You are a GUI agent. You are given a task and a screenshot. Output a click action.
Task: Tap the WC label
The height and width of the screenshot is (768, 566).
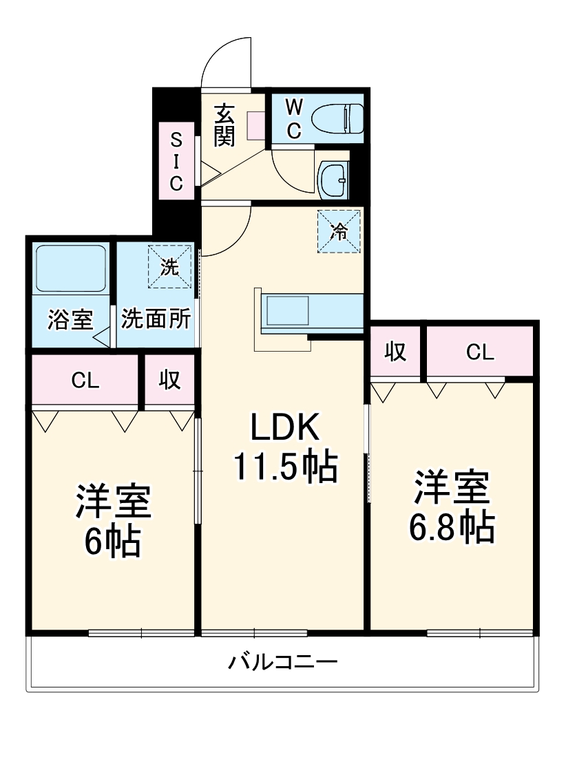[x=294, y=118]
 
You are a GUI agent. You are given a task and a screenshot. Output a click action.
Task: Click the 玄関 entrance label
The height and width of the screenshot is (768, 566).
[x=224, y=125]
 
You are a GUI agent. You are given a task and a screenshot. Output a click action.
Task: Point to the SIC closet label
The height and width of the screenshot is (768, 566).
[x=176, y=162]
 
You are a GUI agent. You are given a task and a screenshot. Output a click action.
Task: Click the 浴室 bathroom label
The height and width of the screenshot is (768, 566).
[x=70, y=320]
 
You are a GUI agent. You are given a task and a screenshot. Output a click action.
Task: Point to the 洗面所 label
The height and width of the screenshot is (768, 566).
[x=156, y=320]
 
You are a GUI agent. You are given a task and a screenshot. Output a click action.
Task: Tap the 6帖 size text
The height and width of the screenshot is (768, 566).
[x=113, y=542]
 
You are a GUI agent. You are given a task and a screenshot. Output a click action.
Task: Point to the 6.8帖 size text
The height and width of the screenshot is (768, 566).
[x=452, y=527]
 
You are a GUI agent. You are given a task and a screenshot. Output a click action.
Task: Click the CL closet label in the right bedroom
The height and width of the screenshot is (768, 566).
[x=480, y=352]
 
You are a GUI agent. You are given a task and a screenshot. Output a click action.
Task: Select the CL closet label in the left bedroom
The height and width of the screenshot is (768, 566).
[x=85, y=381]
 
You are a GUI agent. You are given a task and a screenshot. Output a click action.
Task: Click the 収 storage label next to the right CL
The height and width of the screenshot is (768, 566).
[x=395, y=352]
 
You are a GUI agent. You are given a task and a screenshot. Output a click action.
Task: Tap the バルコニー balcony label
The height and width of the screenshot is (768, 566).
[x=283, y=663]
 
